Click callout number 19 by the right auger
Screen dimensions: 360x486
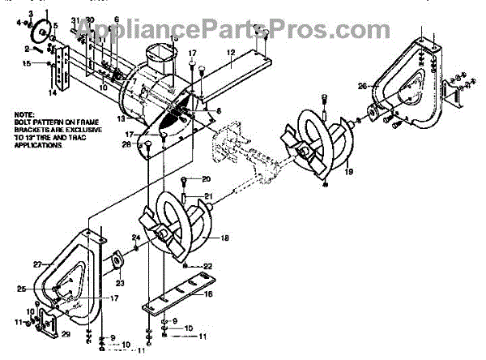click(x=349, y=172)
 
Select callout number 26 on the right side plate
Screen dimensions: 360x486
click(x=362, y=85)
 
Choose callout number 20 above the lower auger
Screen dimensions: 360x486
click(x=206, y=178)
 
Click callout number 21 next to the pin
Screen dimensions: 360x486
click(x=207, y=195)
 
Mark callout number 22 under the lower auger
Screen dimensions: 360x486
click(x=207, y=267)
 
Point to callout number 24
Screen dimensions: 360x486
click(x=136, y=238)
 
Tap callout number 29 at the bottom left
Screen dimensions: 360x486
click(x=66, y=334)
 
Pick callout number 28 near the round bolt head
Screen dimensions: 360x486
click(x=126, y=144)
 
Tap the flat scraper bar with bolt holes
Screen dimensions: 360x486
click(x=178, y=299)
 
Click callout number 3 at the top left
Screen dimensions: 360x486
click(x=30, y=15)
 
